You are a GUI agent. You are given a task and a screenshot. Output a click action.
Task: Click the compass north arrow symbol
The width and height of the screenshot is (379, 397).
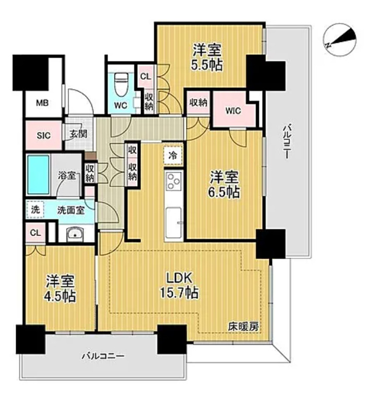click(340, 39)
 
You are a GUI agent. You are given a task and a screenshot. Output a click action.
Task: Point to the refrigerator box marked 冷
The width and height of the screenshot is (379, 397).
click(172, 155)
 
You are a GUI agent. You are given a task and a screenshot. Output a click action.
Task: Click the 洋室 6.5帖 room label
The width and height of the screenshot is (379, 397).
click(225, 184)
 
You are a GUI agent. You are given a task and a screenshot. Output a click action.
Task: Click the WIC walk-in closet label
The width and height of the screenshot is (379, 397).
click(233, 111)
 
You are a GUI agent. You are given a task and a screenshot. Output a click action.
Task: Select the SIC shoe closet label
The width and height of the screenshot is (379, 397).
click(43, 135)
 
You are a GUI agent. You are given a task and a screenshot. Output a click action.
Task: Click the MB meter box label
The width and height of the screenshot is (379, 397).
click(42, 102)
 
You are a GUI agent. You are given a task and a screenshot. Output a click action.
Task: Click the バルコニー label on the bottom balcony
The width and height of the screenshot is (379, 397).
click(103, 357)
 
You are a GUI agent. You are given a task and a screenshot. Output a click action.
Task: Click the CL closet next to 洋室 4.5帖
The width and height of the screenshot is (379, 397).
click(35, 232)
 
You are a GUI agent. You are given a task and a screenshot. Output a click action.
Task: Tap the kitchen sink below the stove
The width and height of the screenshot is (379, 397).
click(173, 219)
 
